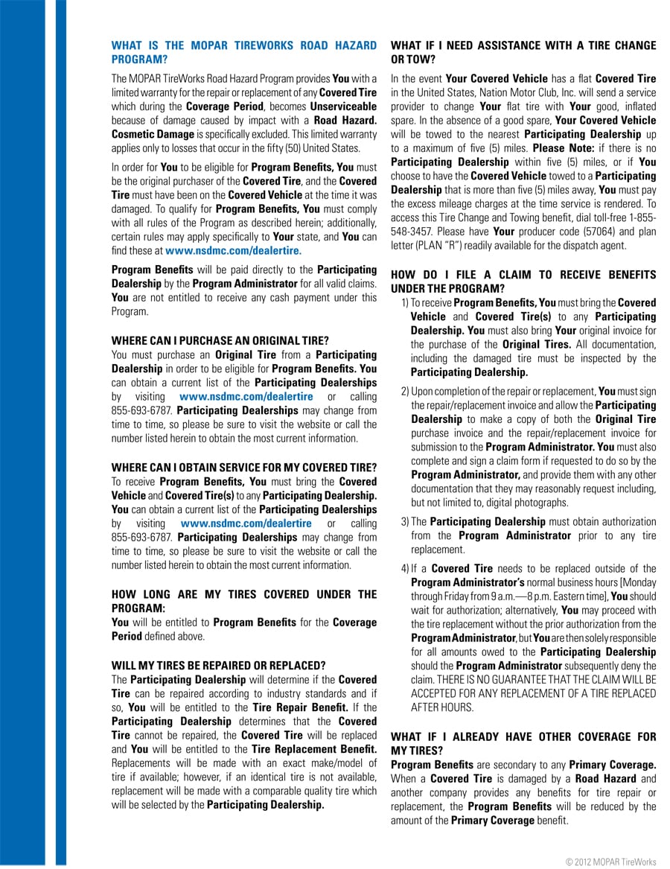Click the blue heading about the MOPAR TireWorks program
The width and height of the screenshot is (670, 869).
point(243,52)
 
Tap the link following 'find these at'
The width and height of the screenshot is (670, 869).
point(233,251)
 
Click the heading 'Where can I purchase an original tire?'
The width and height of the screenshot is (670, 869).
point(220,341)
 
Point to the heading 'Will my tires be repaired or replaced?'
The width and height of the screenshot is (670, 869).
point(218,665)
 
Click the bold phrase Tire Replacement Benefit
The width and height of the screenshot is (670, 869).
point(313,748)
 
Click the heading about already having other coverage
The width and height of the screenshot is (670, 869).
point(523,743)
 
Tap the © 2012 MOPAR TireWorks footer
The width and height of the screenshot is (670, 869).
point(610,862)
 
